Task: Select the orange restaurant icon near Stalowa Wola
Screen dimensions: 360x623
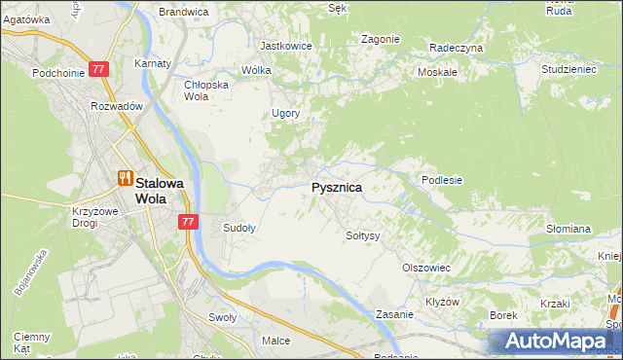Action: (124, 178)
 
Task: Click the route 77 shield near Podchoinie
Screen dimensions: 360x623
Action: (98, 70)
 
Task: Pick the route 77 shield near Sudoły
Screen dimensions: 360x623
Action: (189, 222)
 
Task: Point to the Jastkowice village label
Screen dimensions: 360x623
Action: (284, 45)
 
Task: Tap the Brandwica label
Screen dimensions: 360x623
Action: (184, 12)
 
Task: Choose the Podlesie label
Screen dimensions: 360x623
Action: (441, 180)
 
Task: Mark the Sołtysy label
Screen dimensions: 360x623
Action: (362, 235)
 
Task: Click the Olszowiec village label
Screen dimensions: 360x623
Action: (425, 267)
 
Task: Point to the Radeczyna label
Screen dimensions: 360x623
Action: (456, 48)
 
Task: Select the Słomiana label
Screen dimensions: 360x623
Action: (568, 229)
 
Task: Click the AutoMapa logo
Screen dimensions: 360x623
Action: (560, 342)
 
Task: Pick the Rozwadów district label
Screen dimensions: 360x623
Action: (117, 106)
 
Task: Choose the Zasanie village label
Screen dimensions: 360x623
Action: (396, 315)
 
